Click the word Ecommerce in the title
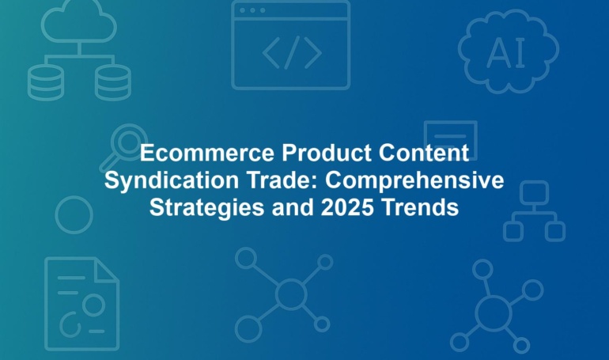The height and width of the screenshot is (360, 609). [x=207, y=153]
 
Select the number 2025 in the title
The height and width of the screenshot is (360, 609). [x=347, y=207]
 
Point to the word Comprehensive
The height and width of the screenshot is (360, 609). [x=414, y=180]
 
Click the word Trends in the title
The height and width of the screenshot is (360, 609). [x=420, y=207]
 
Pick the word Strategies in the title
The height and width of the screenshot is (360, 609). [x=208, y=208]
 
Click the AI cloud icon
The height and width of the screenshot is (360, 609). [x=508, y=51]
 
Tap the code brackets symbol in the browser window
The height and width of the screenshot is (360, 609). [x=292, y=52]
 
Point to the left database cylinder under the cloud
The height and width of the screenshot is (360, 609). [x=45, y=82]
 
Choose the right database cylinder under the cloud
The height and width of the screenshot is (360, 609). [x=113, y=82]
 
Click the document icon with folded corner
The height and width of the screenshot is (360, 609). [x=46, y=304]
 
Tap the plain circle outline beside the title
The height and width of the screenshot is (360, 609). [x=56, y=214]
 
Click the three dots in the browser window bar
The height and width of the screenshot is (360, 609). [x=252, y=10]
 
